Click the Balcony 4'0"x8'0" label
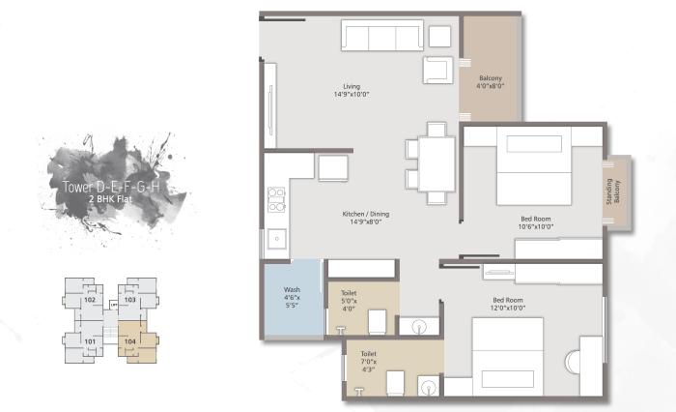pos(491,81)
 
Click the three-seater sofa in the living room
pos(380,38)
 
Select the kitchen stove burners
pos(275,197)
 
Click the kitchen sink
pos(275,236)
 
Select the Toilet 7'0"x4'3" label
pos(369,360)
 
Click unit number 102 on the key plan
pos(89,300)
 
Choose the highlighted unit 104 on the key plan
pos(130,341)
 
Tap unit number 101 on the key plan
pos(89,341)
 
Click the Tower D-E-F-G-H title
pos(109,187)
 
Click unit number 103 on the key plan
pos(130,300)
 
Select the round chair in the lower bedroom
pos(587,359)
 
